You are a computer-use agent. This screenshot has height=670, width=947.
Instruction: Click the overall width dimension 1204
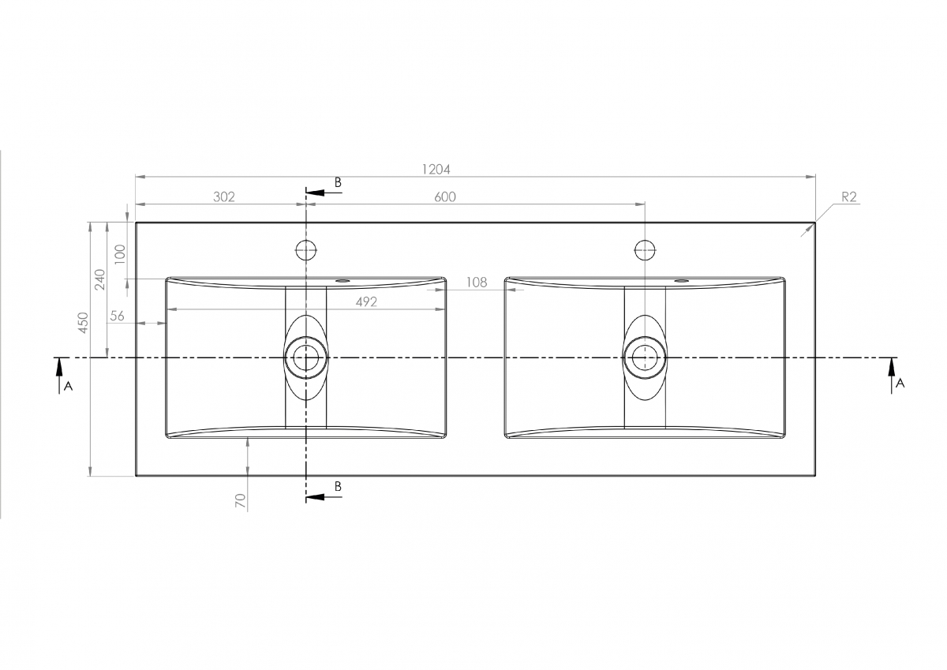pyautogui.click(x=436, y=170)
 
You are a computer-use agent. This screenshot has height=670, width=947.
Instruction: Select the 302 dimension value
pyautogui.click(x=223, y=197)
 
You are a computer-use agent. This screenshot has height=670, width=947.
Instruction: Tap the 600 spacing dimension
pyautogui.click(x=445, y=197)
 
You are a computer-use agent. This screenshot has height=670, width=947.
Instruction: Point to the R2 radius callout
pyautogui.click(x=849, y=197)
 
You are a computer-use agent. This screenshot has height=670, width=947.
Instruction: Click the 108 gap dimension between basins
pyautogui.click(x=477, y=283)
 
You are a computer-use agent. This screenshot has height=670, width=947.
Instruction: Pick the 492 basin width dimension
pyautogui.click(x=366, y=301)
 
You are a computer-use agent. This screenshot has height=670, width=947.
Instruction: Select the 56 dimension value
pyautogui.click(x=117, y=316)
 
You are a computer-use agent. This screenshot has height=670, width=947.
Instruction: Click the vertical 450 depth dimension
pyautogui.click(x=84, y=323)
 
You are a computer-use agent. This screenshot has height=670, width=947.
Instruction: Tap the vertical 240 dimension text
pyautogui.click(x=100, y=279)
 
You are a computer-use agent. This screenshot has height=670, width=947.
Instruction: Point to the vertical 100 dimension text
pyautogui.click(x=121, y=254)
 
